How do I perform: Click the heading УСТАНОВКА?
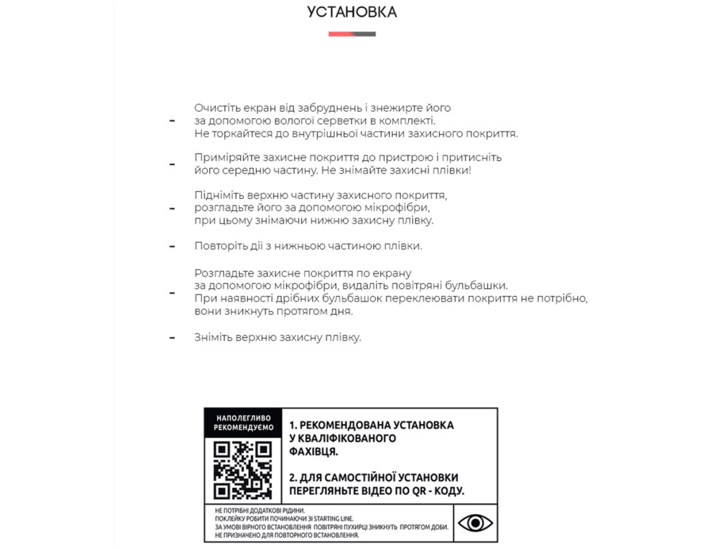pyautogui.click(x=352, y=12)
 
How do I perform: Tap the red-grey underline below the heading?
pyautogui.click(x=352, y=34)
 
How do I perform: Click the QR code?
pyautogui.click(x=243, y=469)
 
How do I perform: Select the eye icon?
pyautogui.click(x=475, y=523)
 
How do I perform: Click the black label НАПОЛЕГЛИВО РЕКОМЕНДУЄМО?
pyautogui.click(x=243, y=422)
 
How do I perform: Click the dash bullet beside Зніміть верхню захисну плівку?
pyautogui.click(x=172, y=338)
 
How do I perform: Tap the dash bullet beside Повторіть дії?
pyautogui.click(x=172, y=245)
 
